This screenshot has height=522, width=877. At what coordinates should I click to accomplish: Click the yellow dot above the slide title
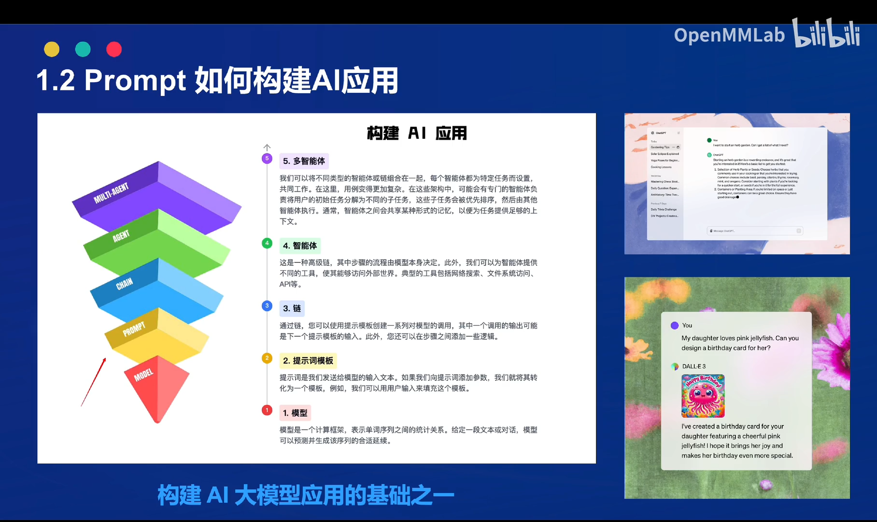tap(52, 49)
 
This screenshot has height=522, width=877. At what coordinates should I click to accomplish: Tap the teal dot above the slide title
tap(83, 49)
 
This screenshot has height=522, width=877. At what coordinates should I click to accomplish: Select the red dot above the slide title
tap(114, 49)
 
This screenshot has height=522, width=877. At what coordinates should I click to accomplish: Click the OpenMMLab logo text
tap(729, 35)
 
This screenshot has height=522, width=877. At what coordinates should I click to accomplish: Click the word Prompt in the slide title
tap(135, 80)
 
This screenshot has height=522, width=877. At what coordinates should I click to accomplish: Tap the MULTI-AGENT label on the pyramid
tap(111, 193)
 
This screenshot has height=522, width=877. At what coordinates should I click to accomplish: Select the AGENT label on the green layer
tap(121, 236)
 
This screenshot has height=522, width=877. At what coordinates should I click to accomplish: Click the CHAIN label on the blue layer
tap(124, 284)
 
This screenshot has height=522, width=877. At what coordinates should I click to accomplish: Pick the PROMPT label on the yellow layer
tap(134, 329)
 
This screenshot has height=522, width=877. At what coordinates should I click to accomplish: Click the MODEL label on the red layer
tap(143, 375)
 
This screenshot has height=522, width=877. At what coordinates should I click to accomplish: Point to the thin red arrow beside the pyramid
tap(94, 382)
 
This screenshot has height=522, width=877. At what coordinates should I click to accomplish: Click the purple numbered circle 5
tap(267, 159)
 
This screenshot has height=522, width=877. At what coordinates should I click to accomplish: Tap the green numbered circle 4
tap(267, 243)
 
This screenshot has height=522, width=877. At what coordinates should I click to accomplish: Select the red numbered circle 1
tap(267, 410)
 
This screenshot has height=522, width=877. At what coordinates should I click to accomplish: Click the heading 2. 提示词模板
tap(308, 361)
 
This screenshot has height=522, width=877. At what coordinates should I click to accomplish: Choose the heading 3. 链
tap(292, 308)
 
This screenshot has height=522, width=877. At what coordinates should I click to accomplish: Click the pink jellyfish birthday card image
tap(703, 396)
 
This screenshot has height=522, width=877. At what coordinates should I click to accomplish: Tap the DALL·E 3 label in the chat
tap(693, 366)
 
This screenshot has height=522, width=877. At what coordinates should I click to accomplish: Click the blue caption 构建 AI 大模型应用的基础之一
tap(305, 495)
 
